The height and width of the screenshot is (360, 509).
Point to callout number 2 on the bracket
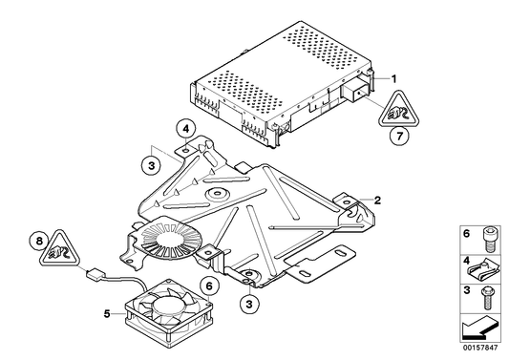378,201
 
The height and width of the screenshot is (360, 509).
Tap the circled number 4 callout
187,129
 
